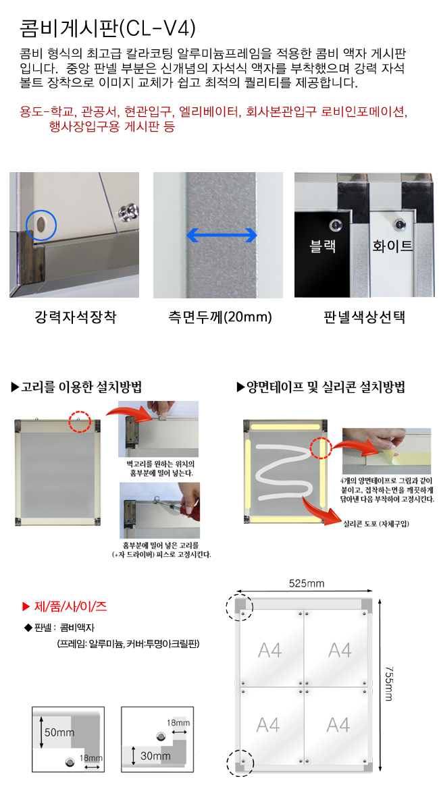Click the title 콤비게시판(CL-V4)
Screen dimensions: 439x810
107,28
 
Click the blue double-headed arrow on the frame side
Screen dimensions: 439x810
222,235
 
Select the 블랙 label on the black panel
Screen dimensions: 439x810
322,246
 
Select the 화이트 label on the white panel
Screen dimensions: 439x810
392,246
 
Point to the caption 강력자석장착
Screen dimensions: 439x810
75,317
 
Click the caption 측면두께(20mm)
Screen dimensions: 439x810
219,317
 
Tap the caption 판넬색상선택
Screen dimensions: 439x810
364,317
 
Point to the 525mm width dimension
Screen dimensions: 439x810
306,583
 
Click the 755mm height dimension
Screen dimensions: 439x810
389,684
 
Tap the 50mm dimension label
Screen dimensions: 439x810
59,732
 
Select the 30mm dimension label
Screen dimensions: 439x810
155,756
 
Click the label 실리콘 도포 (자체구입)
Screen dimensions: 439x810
376,524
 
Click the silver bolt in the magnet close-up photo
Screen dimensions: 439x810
128,212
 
